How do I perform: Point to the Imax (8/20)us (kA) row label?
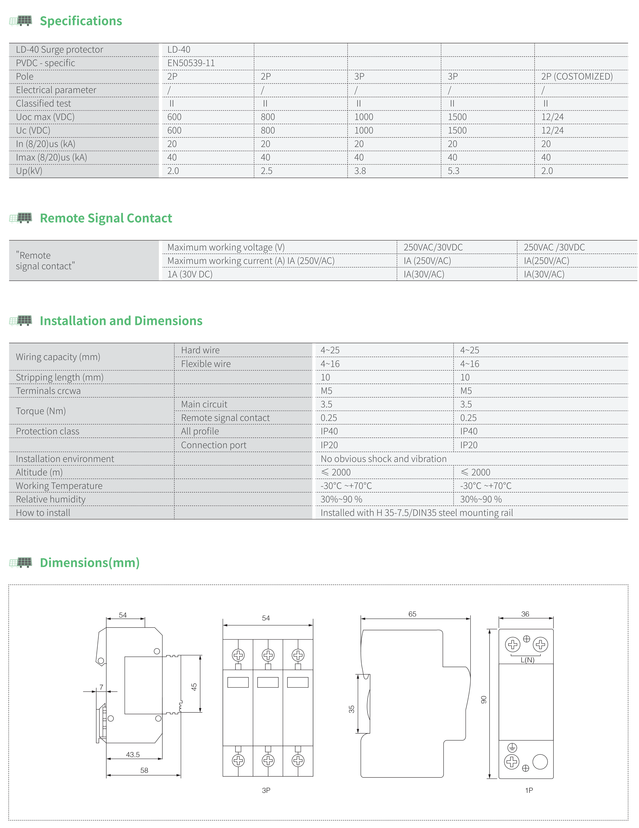51,157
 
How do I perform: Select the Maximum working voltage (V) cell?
226,247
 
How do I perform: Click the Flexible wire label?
206,364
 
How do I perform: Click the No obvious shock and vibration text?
383,459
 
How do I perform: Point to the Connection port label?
214,445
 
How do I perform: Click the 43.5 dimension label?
133,754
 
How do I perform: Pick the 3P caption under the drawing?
266,790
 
